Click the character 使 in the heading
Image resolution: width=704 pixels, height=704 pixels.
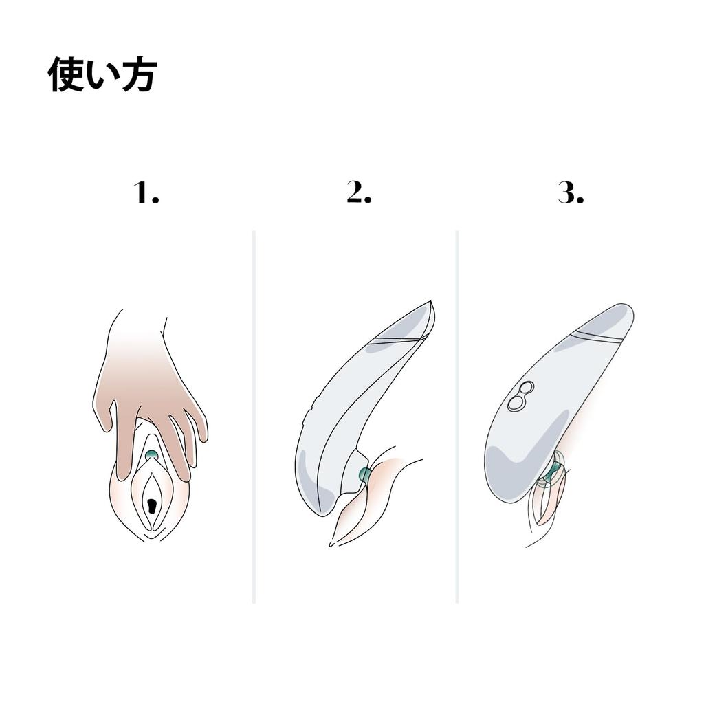coord(66,74)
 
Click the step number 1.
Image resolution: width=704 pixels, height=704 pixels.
coord(146,193)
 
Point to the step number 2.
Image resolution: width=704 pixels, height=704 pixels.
coord(359,192)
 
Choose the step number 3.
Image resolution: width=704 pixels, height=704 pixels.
coord(571,193)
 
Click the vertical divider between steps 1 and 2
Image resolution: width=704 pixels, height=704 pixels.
coord(254,417)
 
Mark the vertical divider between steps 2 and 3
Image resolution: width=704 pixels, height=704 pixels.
coord(456,417)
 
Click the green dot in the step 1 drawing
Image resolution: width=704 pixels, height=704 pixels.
coord(151,455)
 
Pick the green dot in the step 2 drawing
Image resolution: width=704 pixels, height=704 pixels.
coord(364,475)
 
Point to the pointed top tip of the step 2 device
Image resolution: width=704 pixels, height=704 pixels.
coord(430,301)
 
